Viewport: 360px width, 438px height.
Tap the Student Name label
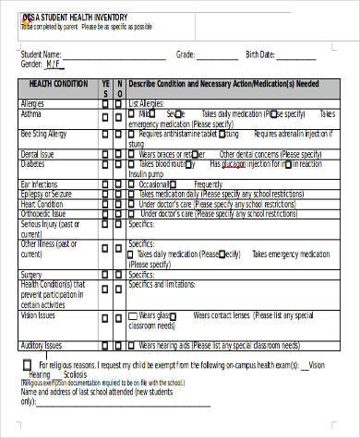pyautogui.click(x=42, y=53)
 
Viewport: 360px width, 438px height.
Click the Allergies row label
pyautogui.click(x=33, y=103)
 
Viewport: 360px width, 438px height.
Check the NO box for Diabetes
pyautogui.click(x=117, y=164)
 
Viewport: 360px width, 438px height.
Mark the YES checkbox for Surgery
pyautogui.click(x=104, y=274)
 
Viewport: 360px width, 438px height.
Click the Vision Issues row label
pyautogui.click(x=38, y=314)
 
